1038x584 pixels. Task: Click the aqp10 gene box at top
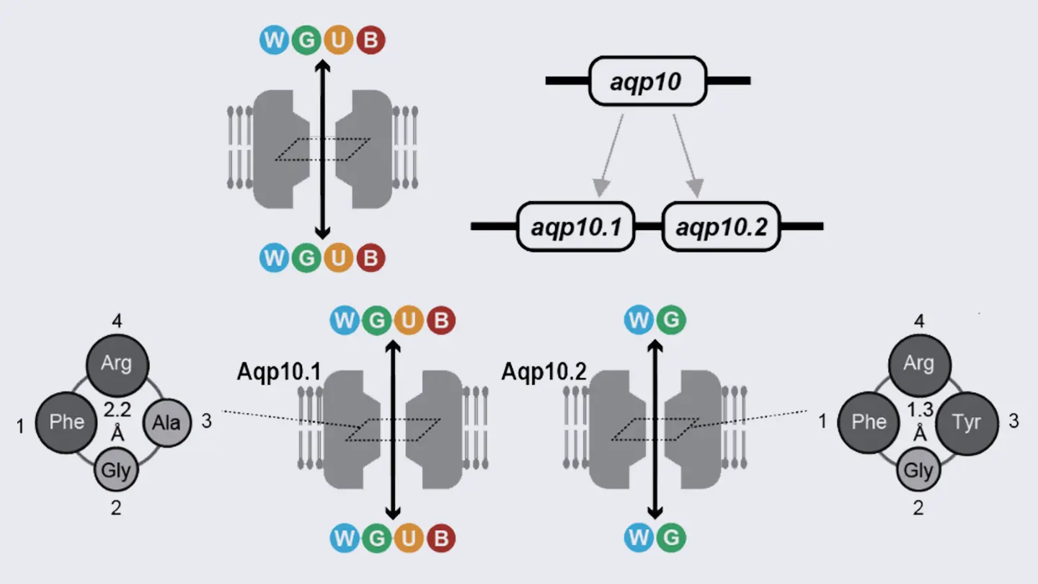click(647, 80)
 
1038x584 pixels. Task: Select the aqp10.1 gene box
click(575, 226)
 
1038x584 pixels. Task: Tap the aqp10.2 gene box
click(721, 226)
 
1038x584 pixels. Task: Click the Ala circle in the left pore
click(167, 422)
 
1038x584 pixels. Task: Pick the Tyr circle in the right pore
click(967, 422)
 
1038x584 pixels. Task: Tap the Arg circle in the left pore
click(117, 363)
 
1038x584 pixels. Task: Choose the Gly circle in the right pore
click(918, 472)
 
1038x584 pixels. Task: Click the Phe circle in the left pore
click(66, 422)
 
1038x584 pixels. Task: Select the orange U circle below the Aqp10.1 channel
click(409, 538)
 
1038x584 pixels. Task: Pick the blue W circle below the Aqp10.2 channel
click(639, 538)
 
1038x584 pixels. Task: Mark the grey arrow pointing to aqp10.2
click(686, 155)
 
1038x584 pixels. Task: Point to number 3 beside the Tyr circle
click(1013, 422)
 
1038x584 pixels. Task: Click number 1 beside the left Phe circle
click(20, 427)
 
